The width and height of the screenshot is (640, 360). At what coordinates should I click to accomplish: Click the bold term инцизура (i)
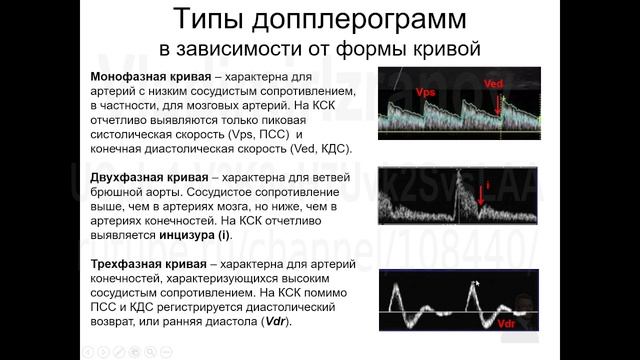point(193,235)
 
